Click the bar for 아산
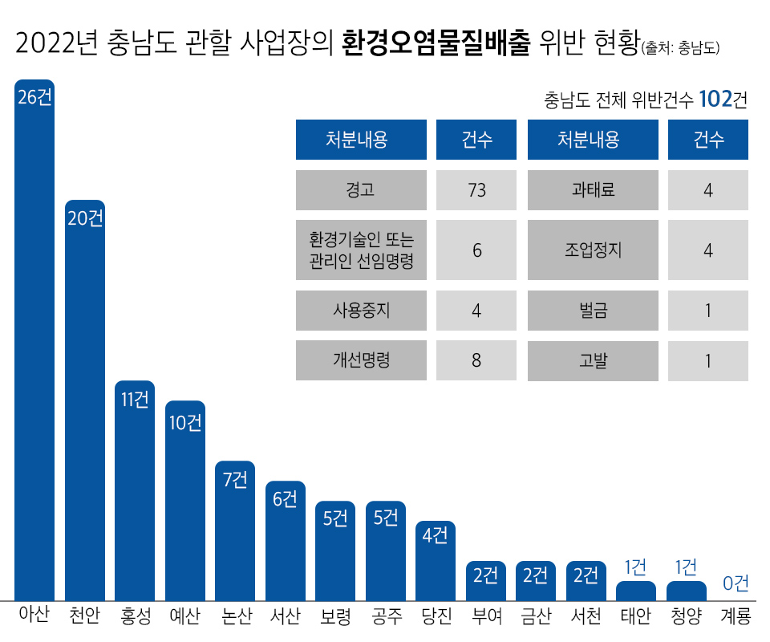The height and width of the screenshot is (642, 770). pos(34,345)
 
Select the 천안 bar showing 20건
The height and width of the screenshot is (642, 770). pos(85,401)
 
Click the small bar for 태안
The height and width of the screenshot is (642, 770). pos(635,591)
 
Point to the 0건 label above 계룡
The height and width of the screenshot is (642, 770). pos(736,583)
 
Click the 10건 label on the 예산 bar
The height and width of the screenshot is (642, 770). pos(185,422)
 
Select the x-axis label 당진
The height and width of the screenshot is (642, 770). pos(436,617)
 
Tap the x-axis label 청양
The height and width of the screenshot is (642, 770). pos(686,617)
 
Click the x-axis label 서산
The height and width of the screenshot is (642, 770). pos(285,617)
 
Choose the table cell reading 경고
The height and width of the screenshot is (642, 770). pos(361,190)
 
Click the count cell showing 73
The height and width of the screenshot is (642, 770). pos(476,190)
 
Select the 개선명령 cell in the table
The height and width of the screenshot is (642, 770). pos(361,360)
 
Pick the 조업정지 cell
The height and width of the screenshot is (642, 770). pos(593,250)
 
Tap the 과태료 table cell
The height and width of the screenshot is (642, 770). pos(593,190)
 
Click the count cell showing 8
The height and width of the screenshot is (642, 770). pos(476,360)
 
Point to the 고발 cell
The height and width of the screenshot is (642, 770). pos(593,360)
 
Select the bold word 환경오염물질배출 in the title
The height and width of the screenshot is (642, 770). pos(436,43)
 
